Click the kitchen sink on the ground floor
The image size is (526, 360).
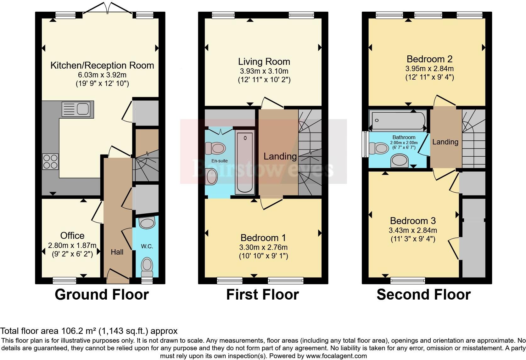point(78,109)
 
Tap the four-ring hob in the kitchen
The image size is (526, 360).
point(50,161)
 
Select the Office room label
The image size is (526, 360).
point(72,235)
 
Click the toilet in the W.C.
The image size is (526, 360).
point(147,267)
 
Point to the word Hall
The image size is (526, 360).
point(117,252)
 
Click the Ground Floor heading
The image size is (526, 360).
point(102,295)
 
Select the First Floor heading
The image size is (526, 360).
point(263,295)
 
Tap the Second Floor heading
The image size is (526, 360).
point(424,295)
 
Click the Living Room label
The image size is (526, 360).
point(264,62)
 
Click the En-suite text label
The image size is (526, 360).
point(220,161)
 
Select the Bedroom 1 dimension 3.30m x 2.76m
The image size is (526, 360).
point(263,247)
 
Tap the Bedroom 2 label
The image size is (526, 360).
point(429,59)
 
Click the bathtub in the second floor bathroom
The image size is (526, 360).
point(398,121)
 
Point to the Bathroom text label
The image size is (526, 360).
point(404,138)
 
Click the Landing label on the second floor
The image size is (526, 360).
point(445,142)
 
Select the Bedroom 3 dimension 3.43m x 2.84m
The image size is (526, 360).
point(413,230)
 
